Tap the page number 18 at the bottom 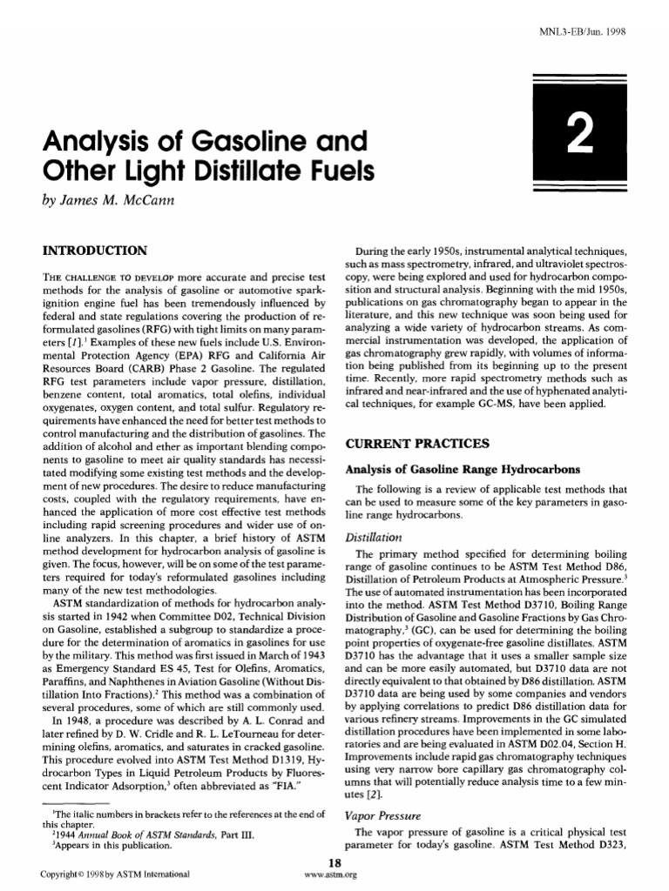click(334, 861)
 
